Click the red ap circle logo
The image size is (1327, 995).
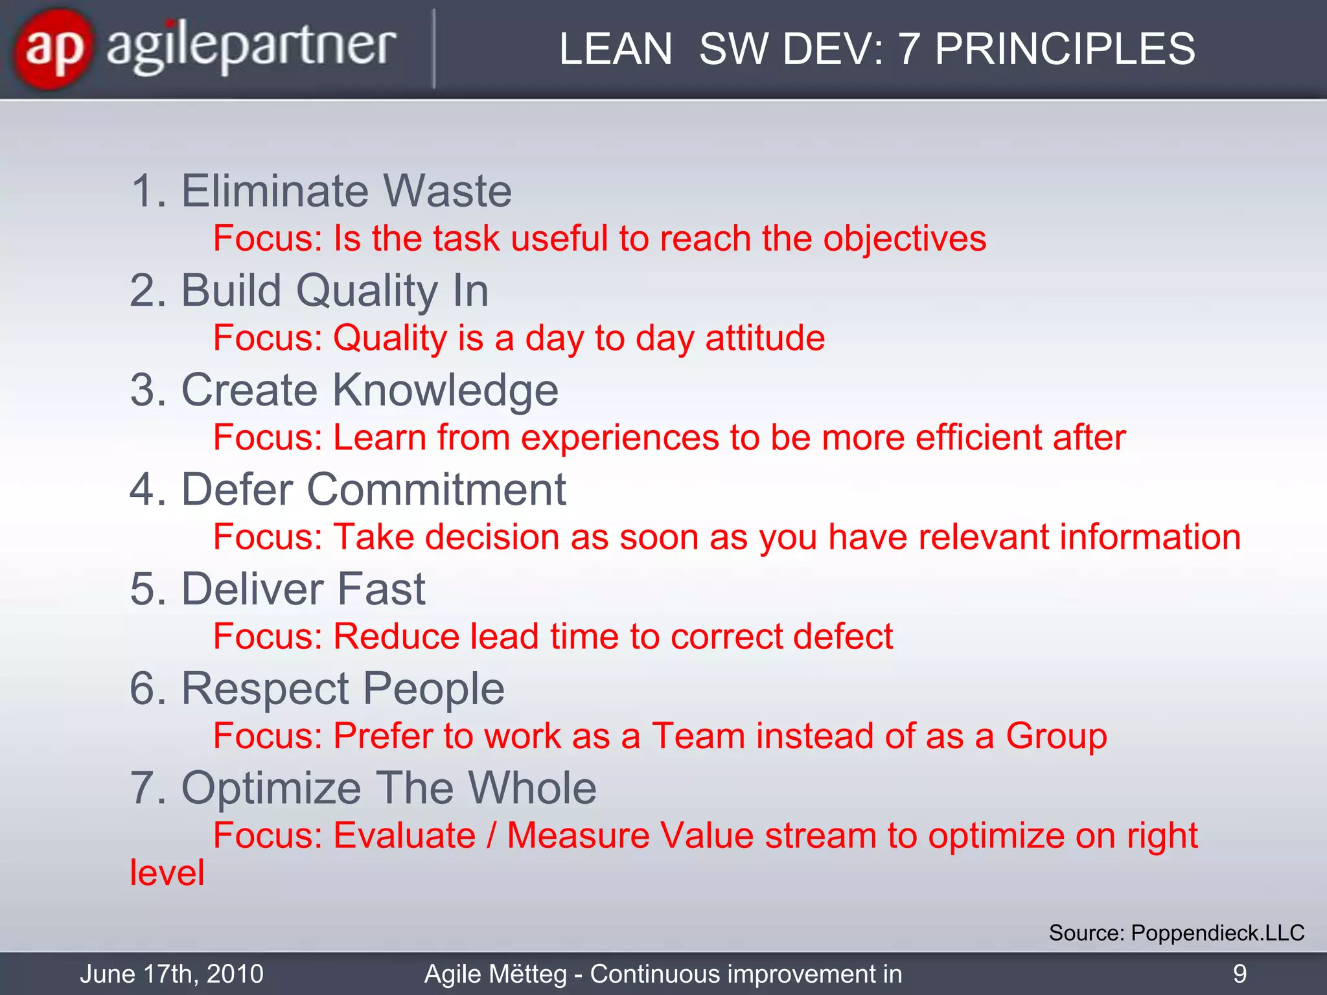pyautogui.click(x=54, y=49)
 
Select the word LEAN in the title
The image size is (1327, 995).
pyautogui.click(x=615, y=49)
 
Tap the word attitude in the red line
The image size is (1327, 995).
pyautogui.click(x=765, y=338)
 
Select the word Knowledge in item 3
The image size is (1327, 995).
pyautogui.click(x=445, y=390)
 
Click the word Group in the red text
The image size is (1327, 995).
pyautogui.click(x=1056, y=736)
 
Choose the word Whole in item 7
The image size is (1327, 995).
pyautogui.click(x=532, y=788)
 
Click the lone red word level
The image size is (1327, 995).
pyautogui.click(x=167, y=873)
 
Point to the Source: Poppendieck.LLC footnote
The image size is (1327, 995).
pyautogui.click(x=1176, y=933)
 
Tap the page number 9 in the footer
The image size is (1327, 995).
pyautogui.click(x=1240, y=974)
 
